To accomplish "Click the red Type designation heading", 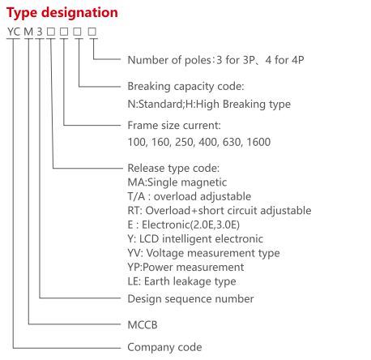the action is click(62, 13).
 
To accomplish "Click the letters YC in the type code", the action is click(14, 32).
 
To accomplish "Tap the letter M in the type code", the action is click(28, 32).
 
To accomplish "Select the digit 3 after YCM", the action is click(40, 32).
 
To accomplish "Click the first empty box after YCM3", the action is click(51, 32).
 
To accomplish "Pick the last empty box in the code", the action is click(92, 32).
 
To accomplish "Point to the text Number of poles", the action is click(169, 60).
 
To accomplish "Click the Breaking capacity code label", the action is click(185, 87).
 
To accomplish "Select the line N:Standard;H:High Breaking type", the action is click(209, 104).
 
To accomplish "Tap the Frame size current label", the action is click(174, 126).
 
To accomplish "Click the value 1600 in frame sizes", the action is click(258, 142).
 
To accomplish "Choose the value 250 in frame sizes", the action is click(185, 142).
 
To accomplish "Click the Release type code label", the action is click(173, 168).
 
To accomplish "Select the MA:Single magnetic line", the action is click(177, 182).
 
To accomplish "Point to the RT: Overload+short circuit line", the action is click(220, 211).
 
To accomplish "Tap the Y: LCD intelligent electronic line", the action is click(195, 239).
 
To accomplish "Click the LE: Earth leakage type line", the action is click(181, 281).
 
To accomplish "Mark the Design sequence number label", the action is click(190, 299).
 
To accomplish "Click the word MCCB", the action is click(143, 325).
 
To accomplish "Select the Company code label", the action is click(164, 348).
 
